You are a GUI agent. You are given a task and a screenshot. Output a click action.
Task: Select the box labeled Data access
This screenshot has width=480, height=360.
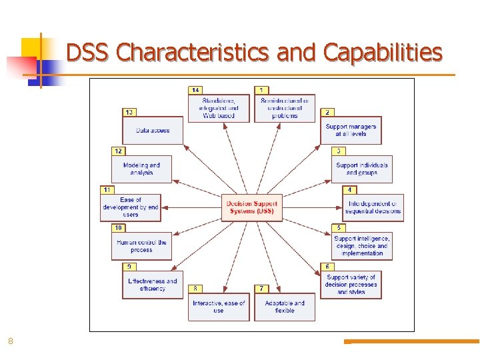click(153, 131)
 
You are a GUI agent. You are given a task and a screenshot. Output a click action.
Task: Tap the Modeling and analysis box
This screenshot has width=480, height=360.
click(141, 169)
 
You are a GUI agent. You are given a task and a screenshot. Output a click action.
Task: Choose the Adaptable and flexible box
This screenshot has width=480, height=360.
click(285, 307)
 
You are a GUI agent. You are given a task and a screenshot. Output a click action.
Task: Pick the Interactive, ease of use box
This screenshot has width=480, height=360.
click(219, 307)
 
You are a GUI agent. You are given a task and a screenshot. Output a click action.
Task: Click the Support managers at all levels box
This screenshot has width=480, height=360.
click(351, 130)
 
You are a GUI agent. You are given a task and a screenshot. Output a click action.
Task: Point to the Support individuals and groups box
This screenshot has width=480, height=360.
click(362, 169)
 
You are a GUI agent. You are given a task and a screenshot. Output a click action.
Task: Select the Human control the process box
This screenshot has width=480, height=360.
click(141, 246)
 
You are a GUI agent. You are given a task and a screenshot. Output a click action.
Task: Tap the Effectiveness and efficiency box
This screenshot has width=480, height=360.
click(153, 285)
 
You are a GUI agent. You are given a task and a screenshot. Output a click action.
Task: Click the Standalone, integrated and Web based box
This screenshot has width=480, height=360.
click(219, 108)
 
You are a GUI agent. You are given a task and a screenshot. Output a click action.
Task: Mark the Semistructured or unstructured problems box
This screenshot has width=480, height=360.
click(285, 108)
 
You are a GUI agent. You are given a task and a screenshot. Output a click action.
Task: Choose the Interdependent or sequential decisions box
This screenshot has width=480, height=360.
click(373, 208)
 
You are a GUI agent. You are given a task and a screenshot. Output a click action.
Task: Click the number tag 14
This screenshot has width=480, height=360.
click(195, 90)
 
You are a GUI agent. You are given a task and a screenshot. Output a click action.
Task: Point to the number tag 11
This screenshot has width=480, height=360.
click(107, 190)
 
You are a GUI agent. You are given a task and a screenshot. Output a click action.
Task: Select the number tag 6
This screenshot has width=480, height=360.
click(327, 267)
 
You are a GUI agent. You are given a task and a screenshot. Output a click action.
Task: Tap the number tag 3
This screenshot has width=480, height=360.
click(339, 151)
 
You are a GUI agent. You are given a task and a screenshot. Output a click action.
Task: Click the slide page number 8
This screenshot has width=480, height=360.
click(10, 341)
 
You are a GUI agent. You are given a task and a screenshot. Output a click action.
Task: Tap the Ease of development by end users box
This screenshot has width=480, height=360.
click(131, 207)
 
